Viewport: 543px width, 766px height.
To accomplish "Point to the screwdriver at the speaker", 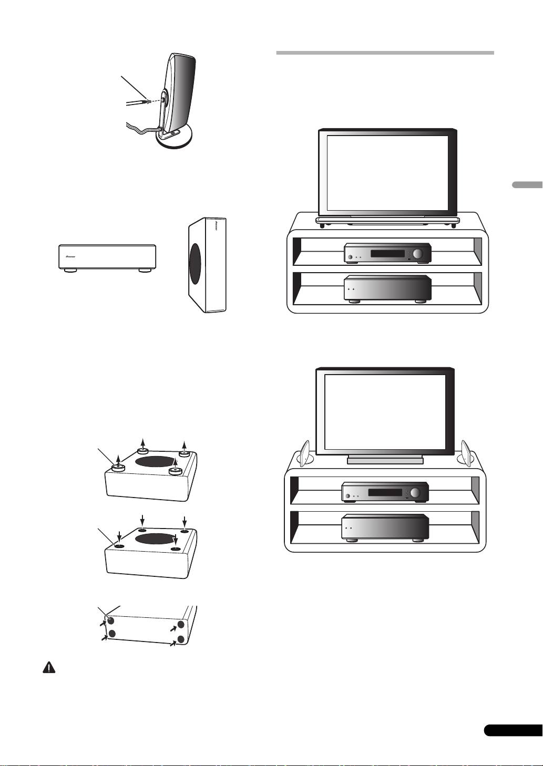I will pos(138,100).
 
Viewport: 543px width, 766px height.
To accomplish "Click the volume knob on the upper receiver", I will pos(418,254).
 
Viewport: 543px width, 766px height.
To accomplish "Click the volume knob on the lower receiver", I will pos(416,493).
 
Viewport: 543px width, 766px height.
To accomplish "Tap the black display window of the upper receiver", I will pos(387,254).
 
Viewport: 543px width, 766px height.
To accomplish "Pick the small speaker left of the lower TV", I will pos(306,452).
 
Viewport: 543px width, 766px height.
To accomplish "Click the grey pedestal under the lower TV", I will pos(385,460).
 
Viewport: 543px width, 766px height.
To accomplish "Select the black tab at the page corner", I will pos(512,730).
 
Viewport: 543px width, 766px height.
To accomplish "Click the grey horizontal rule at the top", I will pos(385,53).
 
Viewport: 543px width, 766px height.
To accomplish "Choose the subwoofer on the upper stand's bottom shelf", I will pos(387,288).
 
